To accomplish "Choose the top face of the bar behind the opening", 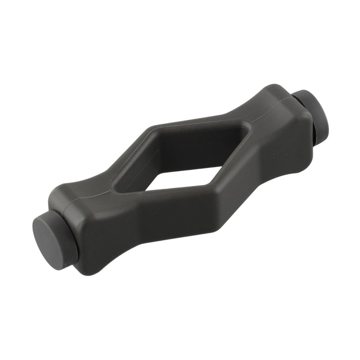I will point(197,121).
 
